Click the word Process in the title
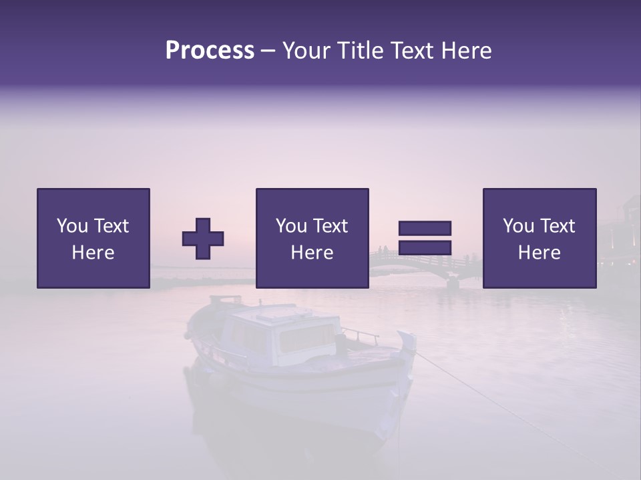coord(210,51)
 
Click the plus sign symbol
coord(203,239)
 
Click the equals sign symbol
coord(425,238)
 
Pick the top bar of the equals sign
coord(425,228)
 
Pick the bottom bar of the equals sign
coord(425,248)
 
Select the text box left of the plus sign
coord(93,238)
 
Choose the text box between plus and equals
coord(312,238)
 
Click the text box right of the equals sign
coord(539,238)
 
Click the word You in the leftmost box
coord(73,226)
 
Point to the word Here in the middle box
coord(312,253)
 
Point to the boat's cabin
coord(280,333)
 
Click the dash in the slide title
coord(268,51)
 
